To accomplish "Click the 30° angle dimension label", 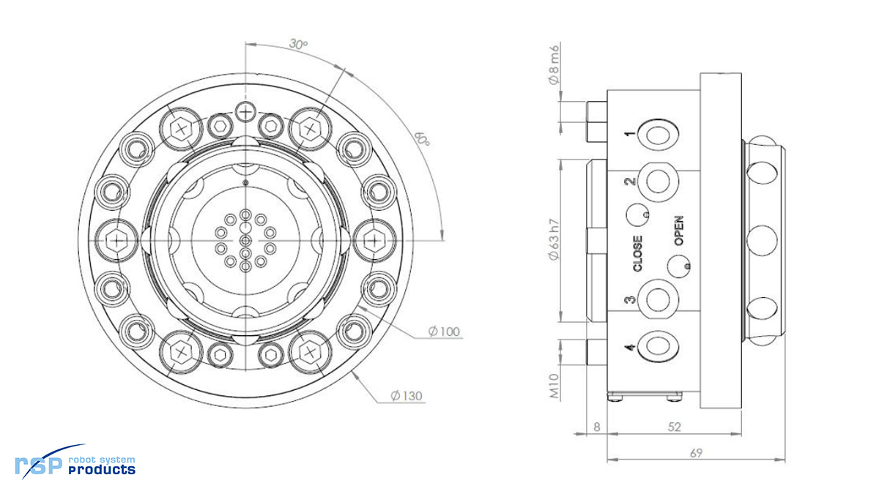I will pos(297,45).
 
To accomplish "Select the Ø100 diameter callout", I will pos(445,332).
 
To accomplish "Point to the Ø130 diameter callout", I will pos(407,396).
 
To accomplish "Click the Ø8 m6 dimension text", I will pos(555,64).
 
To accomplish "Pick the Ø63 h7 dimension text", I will pos(555,240).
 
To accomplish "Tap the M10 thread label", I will pos(555,386).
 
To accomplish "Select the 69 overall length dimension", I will pos(696,453).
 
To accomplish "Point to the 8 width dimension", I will pos(597,426).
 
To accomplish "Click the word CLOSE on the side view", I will pos(638,253).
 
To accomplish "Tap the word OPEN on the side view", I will pos(679,231).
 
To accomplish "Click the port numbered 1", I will pos(656,135).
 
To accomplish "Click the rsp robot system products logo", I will pos(75,463).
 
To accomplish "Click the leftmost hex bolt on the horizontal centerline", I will pos(116,239).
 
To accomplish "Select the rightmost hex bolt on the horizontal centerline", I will pos(374,239).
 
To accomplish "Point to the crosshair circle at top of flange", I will pos(245,111).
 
